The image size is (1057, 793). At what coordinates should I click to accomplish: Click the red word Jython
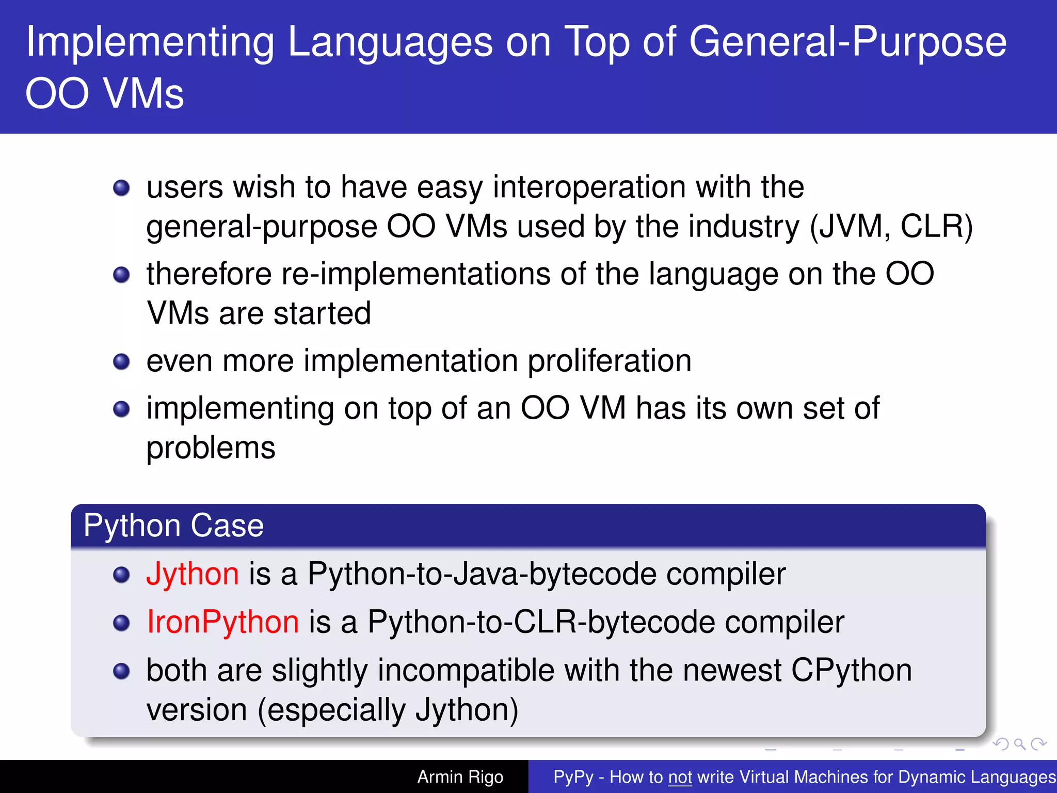[x=192, y=574]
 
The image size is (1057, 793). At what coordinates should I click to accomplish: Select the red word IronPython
[x=222, y=622]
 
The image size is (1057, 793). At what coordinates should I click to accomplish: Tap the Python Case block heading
[x=173, y=526]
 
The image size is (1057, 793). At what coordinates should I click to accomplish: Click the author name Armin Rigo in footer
[x=460, y=777]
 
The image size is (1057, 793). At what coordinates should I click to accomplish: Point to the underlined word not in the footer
[x=680, y=777]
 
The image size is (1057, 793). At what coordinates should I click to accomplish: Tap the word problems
[x=211, y=448]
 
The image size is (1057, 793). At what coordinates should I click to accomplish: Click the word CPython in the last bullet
[x=851, y=671]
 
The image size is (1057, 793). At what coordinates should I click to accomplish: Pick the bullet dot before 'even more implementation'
[x=121, y=361]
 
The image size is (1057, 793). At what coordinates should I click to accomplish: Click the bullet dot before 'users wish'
[x=121, y=188]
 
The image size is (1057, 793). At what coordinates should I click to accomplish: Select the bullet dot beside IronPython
[x=121, y=623]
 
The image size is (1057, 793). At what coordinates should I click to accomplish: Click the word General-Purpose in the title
[x=847, y=42]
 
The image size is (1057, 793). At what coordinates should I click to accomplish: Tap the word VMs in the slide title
[x=143, y=94]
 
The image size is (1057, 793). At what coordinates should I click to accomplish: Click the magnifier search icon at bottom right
[x=1019, y=744]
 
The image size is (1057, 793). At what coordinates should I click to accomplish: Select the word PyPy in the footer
[x=573, y=777]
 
